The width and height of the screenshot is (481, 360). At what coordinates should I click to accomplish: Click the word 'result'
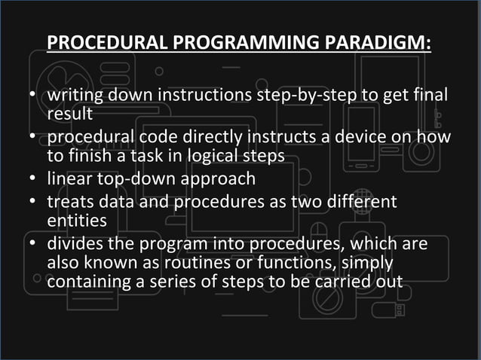(69, 114)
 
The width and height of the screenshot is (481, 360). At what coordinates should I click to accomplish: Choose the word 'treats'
(72, 203)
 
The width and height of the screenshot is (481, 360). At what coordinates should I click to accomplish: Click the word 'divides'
(75, 245)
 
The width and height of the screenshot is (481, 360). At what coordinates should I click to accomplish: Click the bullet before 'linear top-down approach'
(34, 181)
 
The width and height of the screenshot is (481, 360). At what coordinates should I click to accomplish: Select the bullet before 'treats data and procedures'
(34, 204)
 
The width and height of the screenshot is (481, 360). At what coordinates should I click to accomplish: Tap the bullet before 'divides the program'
(34, 246)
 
